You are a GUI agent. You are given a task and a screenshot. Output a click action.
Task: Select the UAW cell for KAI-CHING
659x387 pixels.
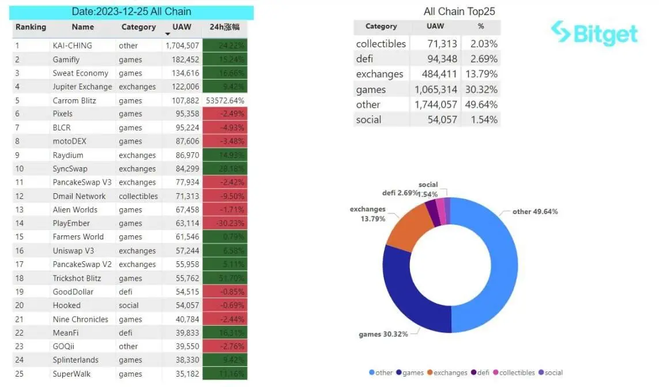(x=182, y=46)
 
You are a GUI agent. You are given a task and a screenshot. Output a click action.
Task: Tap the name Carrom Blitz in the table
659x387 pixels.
(x=74, y=100)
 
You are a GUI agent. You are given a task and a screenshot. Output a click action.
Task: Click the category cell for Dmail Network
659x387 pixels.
(x=138, y=196)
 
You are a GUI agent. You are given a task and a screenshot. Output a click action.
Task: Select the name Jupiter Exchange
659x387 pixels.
(x=82, y=87)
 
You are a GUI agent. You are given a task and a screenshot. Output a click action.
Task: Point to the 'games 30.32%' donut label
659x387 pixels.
(x=383, y=334)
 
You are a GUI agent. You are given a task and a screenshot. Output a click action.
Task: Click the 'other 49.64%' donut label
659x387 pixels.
(x=535, y=212)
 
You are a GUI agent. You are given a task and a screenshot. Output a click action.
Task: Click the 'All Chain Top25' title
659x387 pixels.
(x=459, y=12)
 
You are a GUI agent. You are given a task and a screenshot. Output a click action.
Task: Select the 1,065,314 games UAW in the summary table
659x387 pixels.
(x=436, y=89)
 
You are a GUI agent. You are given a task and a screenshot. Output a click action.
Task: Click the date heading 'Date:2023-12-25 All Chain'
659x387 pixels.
(x=131, y=12)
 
